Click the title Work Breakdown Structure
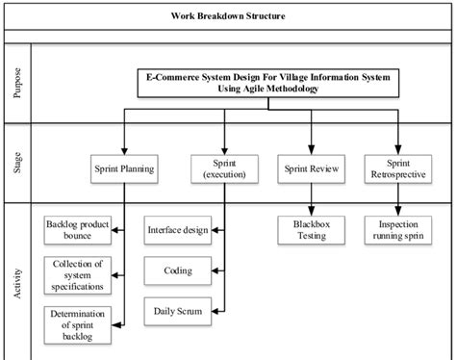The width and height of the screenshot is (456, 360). pos(228,15)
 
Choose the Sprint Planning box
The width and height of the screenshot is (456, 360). pos(124,167)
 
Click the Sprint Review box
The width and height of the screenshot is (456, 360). pos(307,167)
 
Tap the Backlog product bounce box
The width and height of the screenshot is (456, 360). pos(78,230)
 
